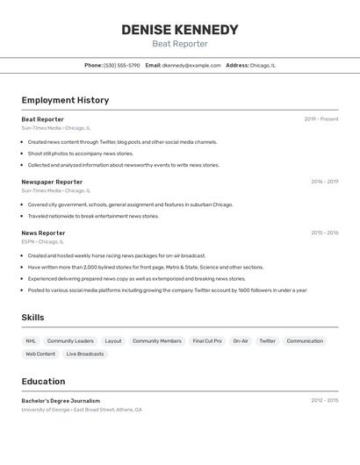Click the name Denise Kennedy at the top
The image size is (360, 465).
click(180, 30)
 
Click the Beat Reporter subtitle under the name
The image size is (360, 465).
click(180, 44)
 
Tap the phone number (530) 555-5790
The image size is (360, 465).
click(121, 65)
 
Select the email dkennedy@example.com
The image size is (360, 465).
click(191, 65)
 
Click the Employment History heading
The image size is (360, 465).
click(65, 100)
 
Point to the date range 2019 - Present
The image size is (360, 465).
click(321, 119)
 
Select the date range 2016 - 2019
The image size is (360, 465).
click(324, 182)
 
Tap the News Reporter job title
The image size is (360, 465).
click(43, 233)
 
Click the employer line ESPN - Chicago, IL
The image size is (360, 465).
click(43, 241)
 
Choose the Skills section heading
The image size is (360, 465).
click(32, 318)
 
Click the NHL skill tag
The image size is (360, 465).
click(31, 340)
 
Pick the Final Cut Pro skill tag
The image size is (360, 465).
click(207, 340)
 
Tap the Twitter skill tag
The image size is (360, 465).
click(267, 340)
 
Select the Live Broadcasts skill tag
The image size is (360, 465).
click(85, 354)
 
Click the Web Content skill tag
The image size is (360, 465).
click(40, 354)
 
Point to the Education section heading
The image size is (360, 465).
click(43, 382)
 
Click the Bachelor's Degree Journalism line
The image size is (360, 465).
click(61, 401)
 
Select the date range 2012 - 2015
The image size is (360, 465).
click(324, 400)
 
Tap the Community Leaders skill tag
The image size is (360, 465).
click(70, 340)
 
